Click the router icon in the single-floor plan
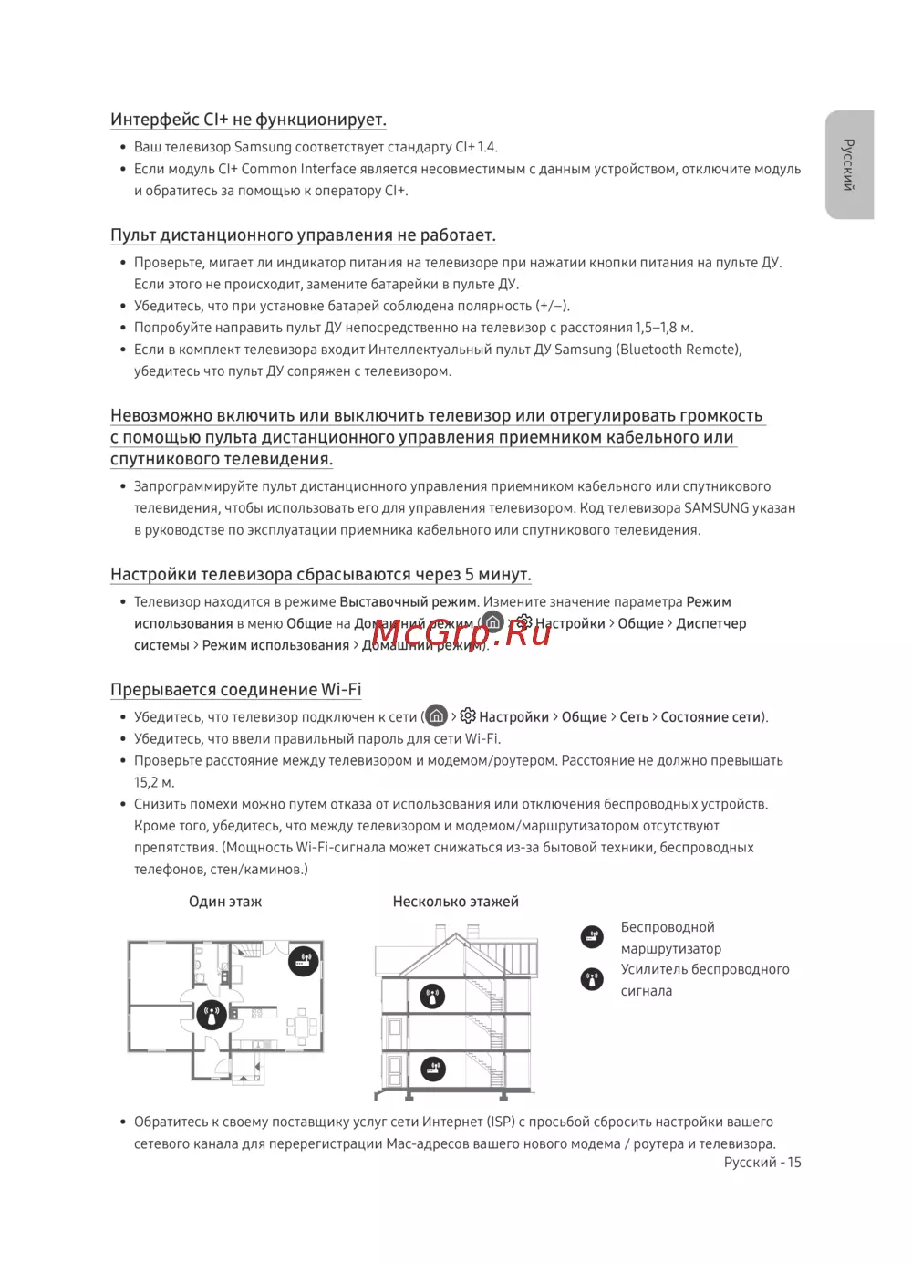pos(304,960)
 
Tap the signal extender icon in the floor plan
pos(212,1014)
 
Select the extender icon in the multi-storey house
pos(432,996)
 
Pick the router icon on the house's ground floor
pos(432,1068)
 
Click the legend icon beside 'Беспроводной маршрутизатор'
pos(592,936)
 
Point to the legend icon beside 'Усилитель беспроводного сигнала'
pos(592,979)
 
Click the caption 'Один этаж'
pos(224,902)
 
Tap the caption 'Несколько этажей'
pos(455,902)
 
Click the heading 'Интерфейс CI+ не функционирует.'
pos(248,120)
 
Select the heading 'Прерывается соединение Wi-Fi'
pos(235,690)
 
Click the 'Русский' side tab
pos(849,164)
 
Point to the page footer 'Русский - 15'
pos(762,1163)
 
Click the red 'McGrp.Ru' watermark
pos(461,631)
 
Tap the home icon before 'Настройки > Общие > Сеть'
pos(437,715)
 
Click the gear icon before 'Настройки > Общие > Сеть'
pos(468,716)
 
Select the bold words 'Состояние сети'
pos(710,717)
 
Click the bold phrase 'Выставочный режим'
pos(408,602)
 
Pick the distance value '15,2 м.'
pos(154,783)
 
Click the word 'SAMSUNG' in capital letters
pos(716,508)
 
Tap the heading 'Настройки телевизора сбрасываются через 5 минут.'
pos(320,575)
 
